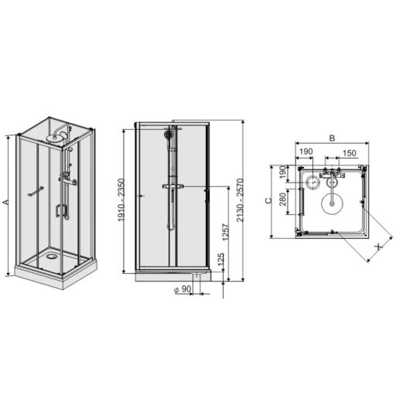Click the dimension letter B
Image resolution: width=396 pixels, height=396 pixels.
(332, 138)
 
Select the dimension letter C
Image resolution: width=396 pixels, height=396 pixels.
(268, 200)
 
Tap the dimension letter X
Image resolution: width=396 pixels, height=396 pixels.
(378, 247)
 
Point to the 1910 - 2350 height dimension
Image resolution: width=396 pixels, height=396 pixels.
(121, 200)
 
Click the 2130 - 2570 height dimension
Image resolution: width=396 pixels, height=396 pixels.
(240, 200)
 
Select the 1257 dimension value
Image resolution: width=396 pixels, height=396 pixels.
(226, 232)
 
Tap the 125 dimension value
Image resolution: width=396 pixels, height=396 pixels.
(221, 260)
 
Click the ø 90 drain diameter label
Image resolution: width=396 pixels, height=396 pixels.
(183, 289)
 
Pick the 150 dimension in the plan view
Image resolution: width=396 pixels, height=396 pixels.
(350, 153)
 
